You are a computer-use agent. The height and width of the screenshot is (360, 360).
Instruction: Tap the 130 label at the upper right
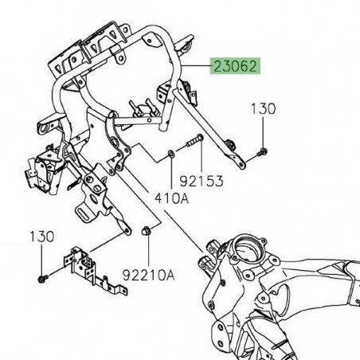pyautogui.click(x=265, y=108)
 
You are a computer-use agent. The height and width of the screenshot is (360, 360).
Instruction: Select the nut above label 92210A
pyautogui.click(x=146, y=233)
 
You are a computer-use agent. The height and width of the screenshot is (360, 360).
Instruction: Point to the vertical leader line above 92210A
pyautogui.click(x=146, y=251)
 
